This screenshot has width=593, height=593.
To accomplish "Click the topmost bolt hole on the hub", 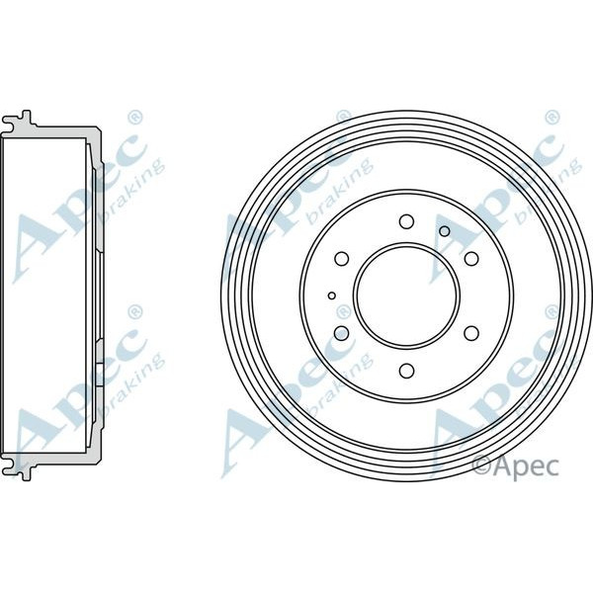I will pos(406,220).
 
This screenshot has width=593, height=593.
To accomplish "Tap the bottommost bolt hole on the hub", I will pos(406,371).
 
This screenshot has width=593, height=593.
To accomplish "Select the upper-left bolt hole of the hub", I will pos(342,258).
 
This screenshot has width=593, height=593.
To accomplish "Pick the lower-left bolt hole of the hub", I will pos(342,333).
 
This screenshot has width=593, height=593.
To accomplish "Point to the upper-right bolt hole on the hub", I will pos(471,258).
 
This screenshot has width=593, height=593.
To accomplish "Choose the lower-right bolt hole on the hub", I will pos(471,333).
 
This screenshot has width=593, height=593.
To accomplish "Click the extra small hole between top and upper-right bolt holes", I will pos(445,231).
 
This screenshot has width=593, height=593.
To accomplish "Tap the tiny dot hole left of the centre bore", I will pos(332,296).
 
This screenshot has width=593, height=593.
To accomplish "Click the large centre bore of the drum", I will pos(406,296).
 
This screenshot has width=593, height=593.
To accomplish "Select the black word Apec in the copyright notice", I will pos(529,464).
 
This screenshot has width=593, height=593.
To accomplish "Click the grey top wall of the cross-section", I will pos(59,131).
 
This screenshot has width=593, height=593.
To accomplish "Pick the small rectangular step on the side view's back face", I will pos(101,374).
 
